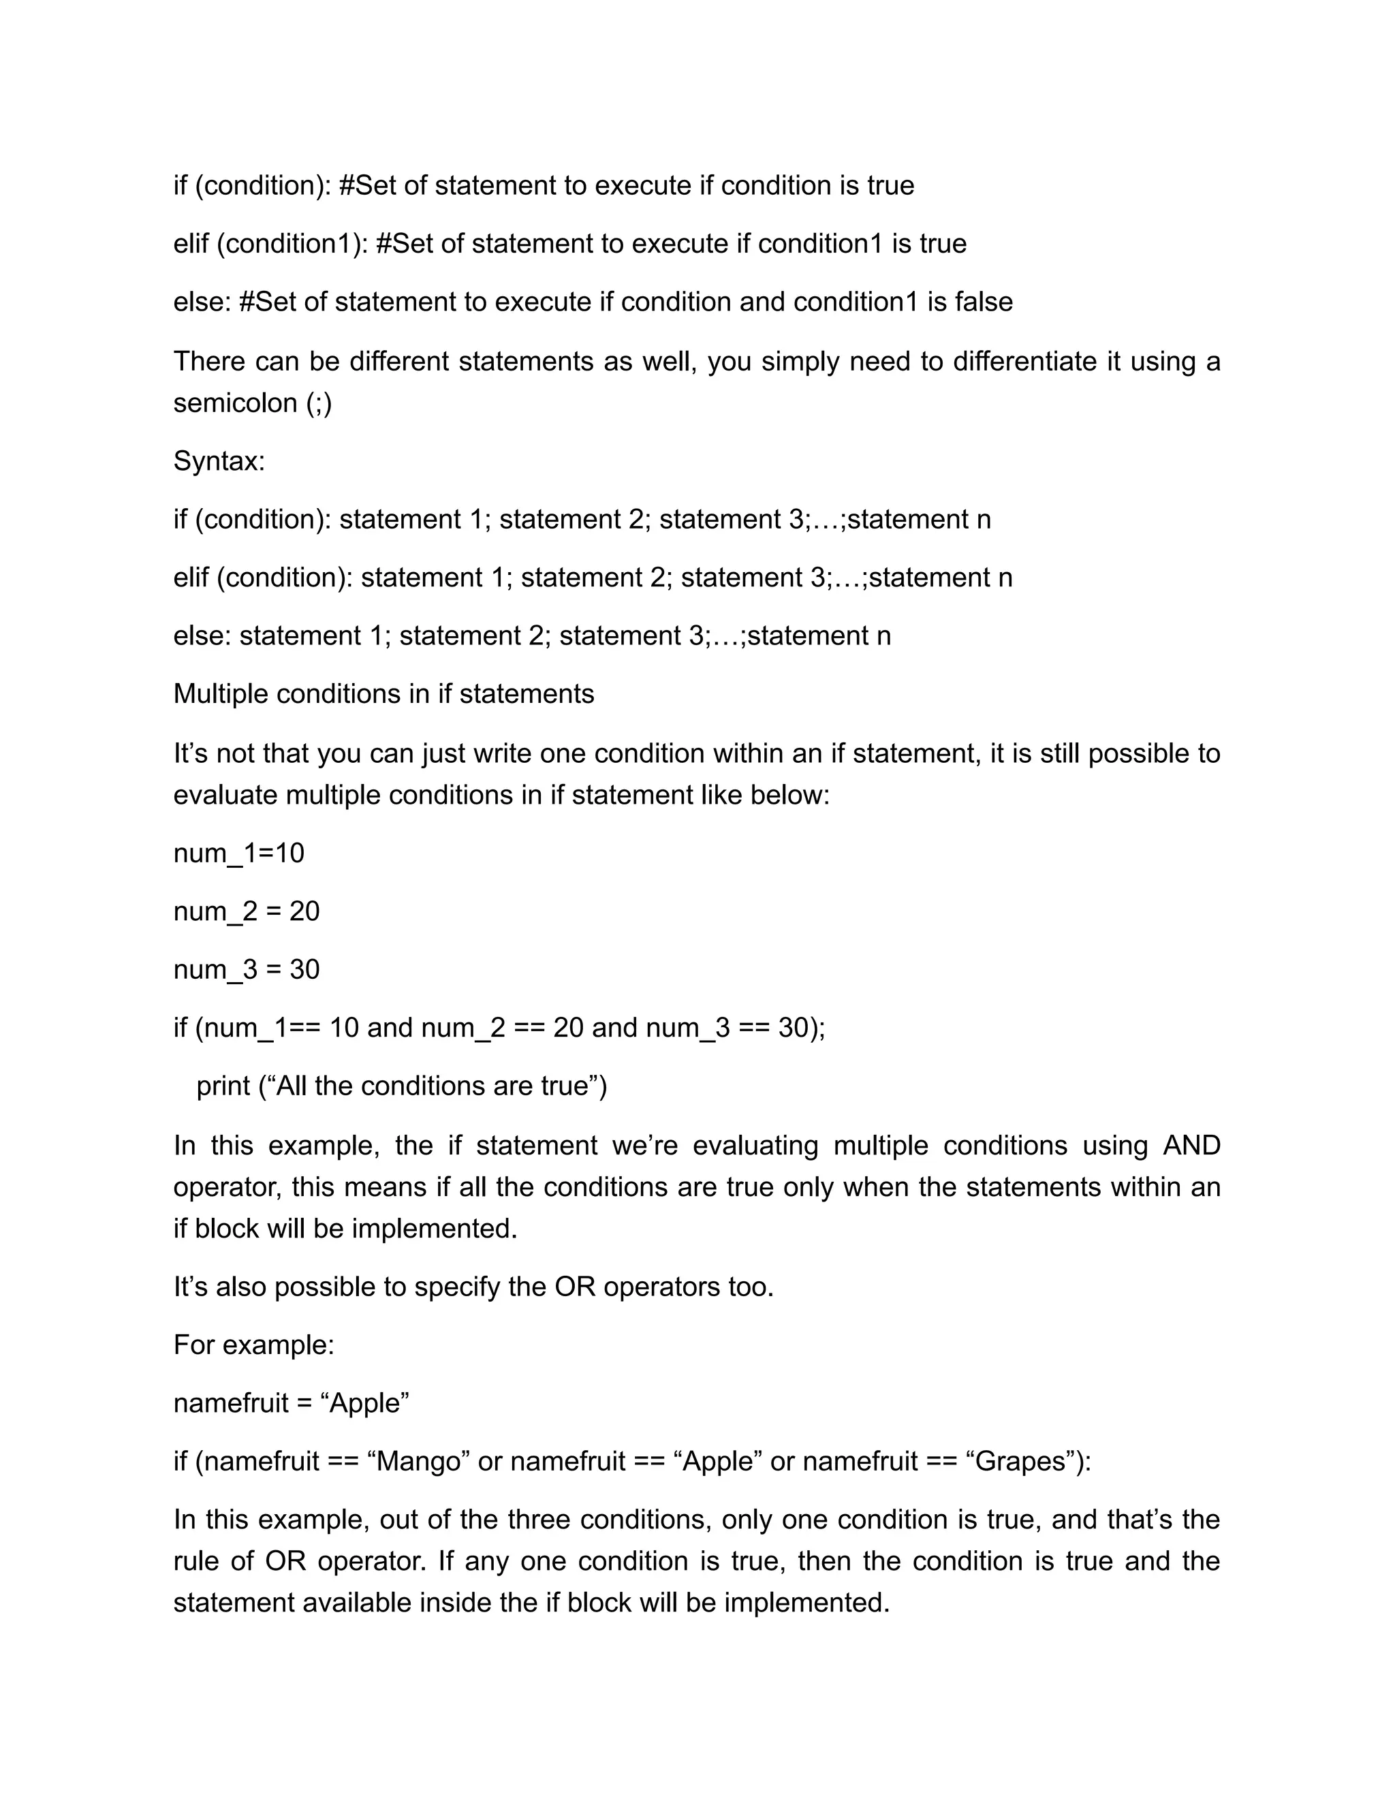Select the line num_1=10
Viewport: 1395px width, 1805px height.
[x=239, y=853]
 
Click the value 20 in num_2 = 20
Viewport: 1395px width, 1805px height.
[x=304, y=911]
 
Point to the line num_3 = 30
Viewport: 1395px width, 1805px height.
[x=247, y=969]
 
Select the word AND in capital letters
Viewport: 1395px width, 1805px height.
[x=1191, y=1146]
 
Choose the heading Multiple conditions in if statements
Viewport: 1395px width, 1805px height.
[x=383, y=693]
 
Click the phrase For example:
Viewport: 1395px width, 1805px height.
[x=253, y=1345]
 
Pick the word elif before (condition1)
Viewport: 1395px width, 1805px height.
[x=191, y=244]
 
